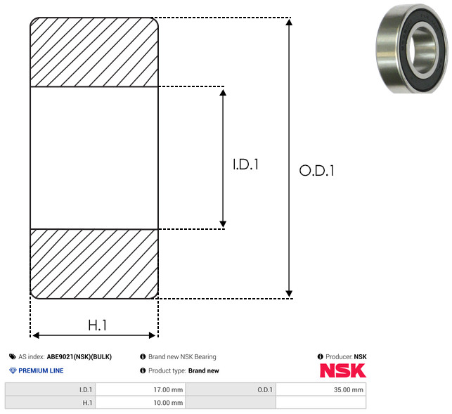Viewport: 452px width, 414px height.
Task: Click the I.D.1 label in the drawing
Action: [245, 164]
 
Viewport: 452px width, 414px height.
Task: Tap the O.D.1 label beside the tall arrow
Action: [317, 170]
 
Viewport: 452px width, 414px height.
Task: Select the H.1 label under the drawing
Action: [98, 325]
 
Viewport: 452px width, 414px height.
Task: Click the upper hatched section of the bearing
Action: [94, 52]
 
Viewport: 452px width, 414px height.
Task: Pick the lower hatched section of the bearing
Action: [94, 264]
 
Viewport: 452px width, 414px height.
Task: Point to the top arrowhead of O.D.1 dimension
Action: [289, 22]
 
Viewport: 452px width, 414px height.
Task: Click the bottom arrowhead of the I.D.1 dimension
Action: [223, 224]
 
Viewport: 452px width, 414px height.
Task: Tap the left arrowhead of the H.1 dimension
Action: [36, 335]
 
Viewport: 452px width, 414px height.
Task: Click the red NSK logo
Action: [343, 370]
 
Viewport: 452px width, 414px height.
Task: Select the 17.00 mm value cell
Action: [141, 389]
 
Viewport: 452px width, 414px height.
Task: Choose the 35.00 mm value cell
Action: [321, 389]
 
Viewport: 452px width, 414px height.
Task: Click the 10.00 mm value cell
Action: [141, 403]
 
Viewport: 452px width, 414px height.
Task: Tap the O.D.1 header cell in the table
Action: [231, 389]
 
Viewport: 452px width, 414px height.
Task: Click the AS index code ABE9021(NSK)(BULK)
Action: [79, 356]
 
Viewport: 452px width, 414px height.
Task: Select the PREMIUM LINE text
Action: [41, 370]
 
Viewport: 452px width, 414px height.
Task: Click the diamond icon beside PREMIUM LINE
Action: [13, 370]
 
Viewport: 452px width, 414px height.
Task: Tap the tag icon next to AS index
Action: [13, 356]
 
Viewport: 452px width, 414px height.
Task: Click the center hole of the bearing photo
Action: [423, 51]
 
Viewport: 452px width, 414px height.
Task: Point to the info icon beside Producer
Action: [320, 356]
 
